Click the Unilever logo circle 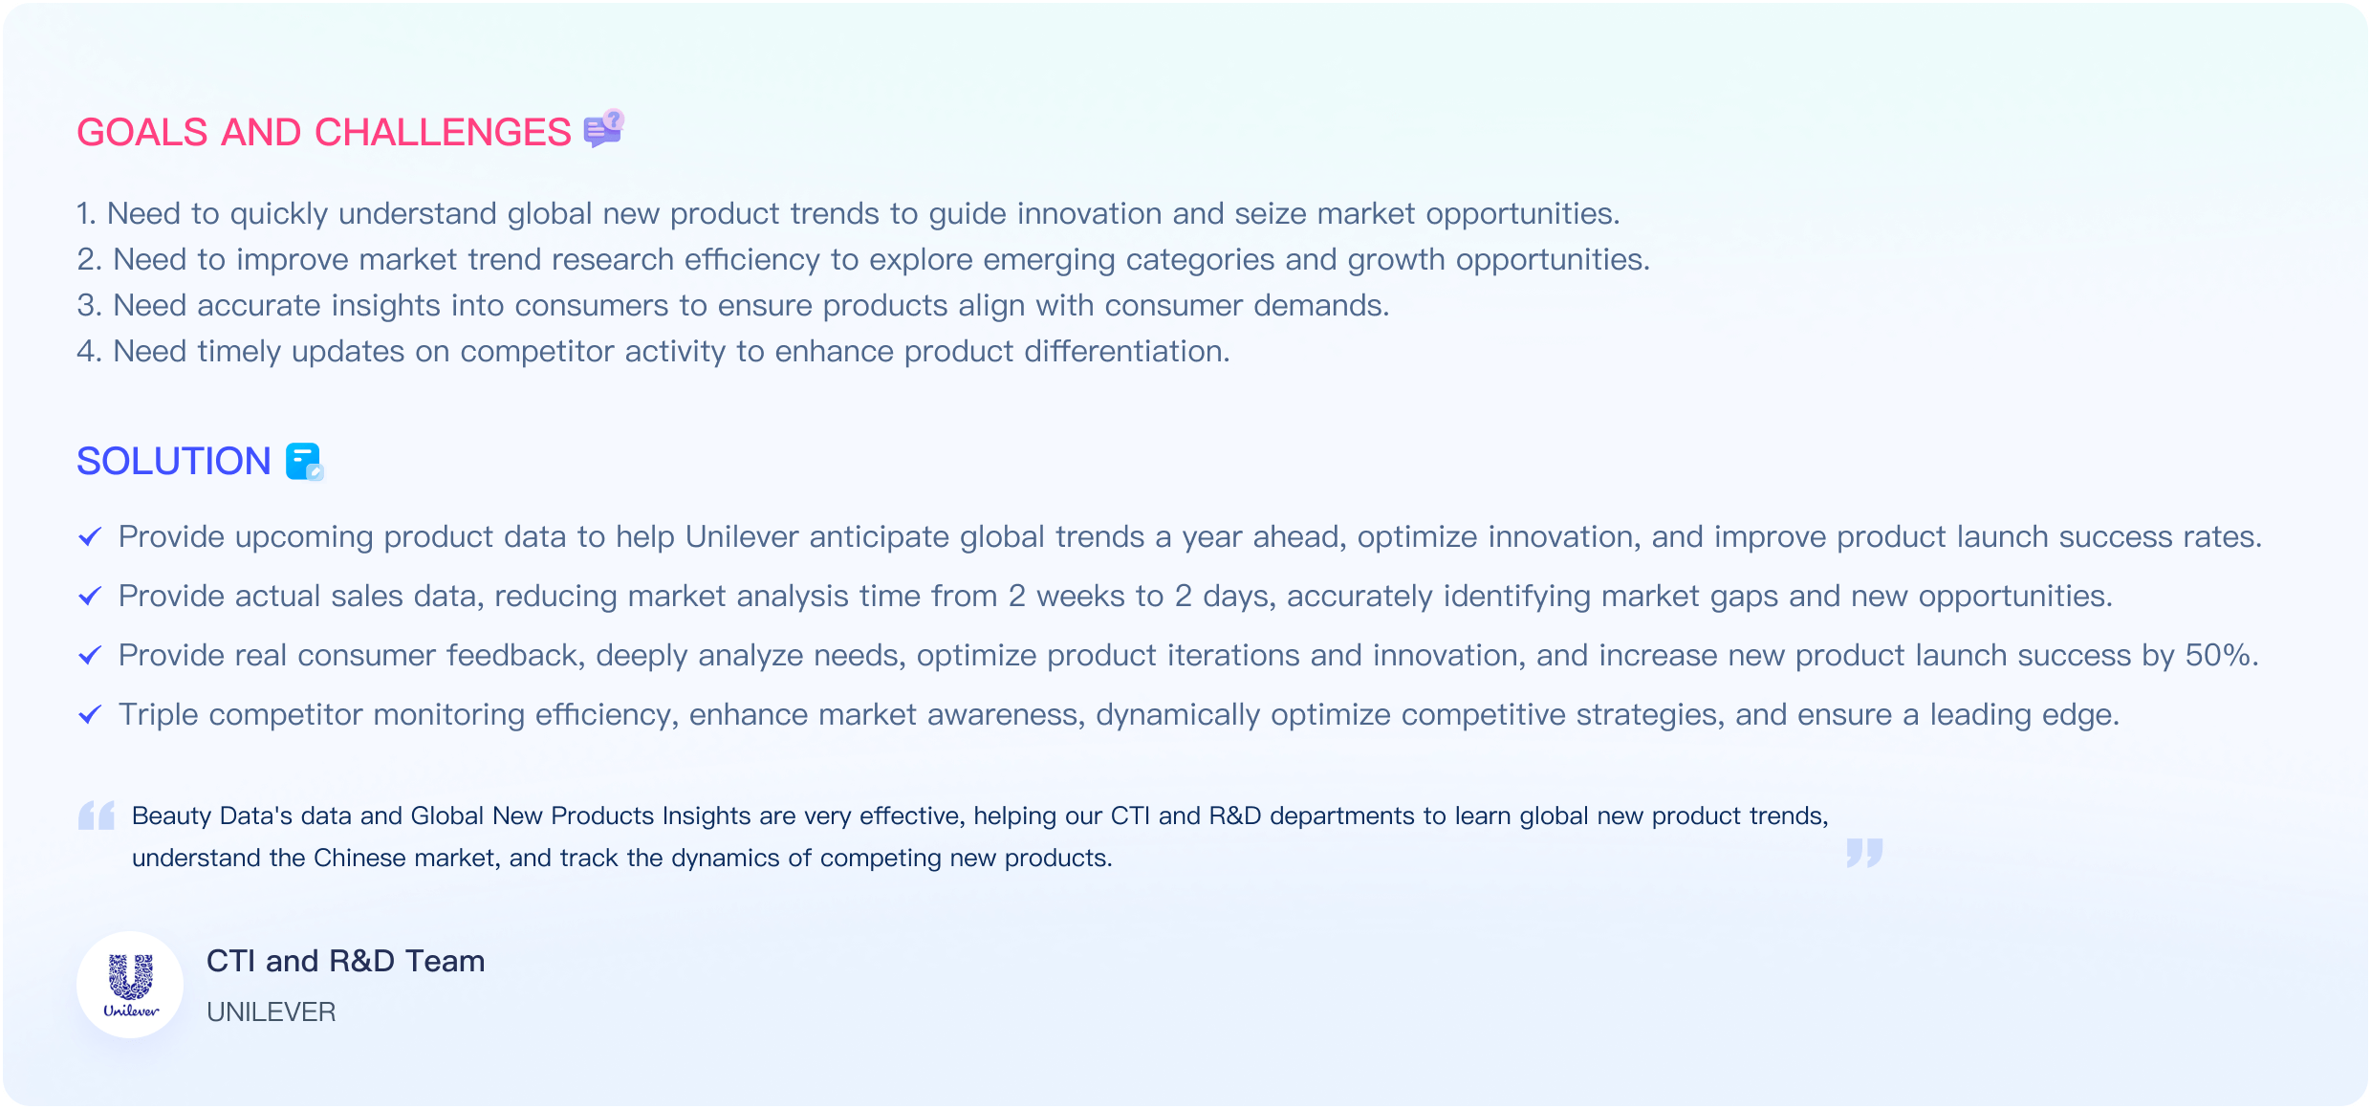click(130, 985)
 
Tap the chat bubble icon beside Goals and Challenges click(603, 129)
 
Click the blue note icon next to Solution click(305, 462)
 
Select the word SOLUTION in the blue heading click(174, 462)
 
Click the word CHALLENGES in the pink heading click(444, 133)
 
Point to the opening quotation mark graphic click(97, 815)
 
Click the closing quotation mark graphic click(1864, 853)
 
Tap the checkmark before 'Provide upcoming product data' click(90, 537)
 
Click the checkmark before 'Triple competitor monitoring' click(90, 715)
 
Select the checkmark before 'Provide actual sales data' click(90, 597)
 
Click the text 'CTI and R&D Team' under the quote click(346, 961)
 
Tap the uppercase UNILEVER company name click(272, 1012)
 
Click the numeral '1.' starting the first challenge click(87, 214)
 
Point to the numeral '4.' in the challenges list click(89, 352)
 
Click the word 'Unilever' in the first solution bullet click(742, 537)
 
